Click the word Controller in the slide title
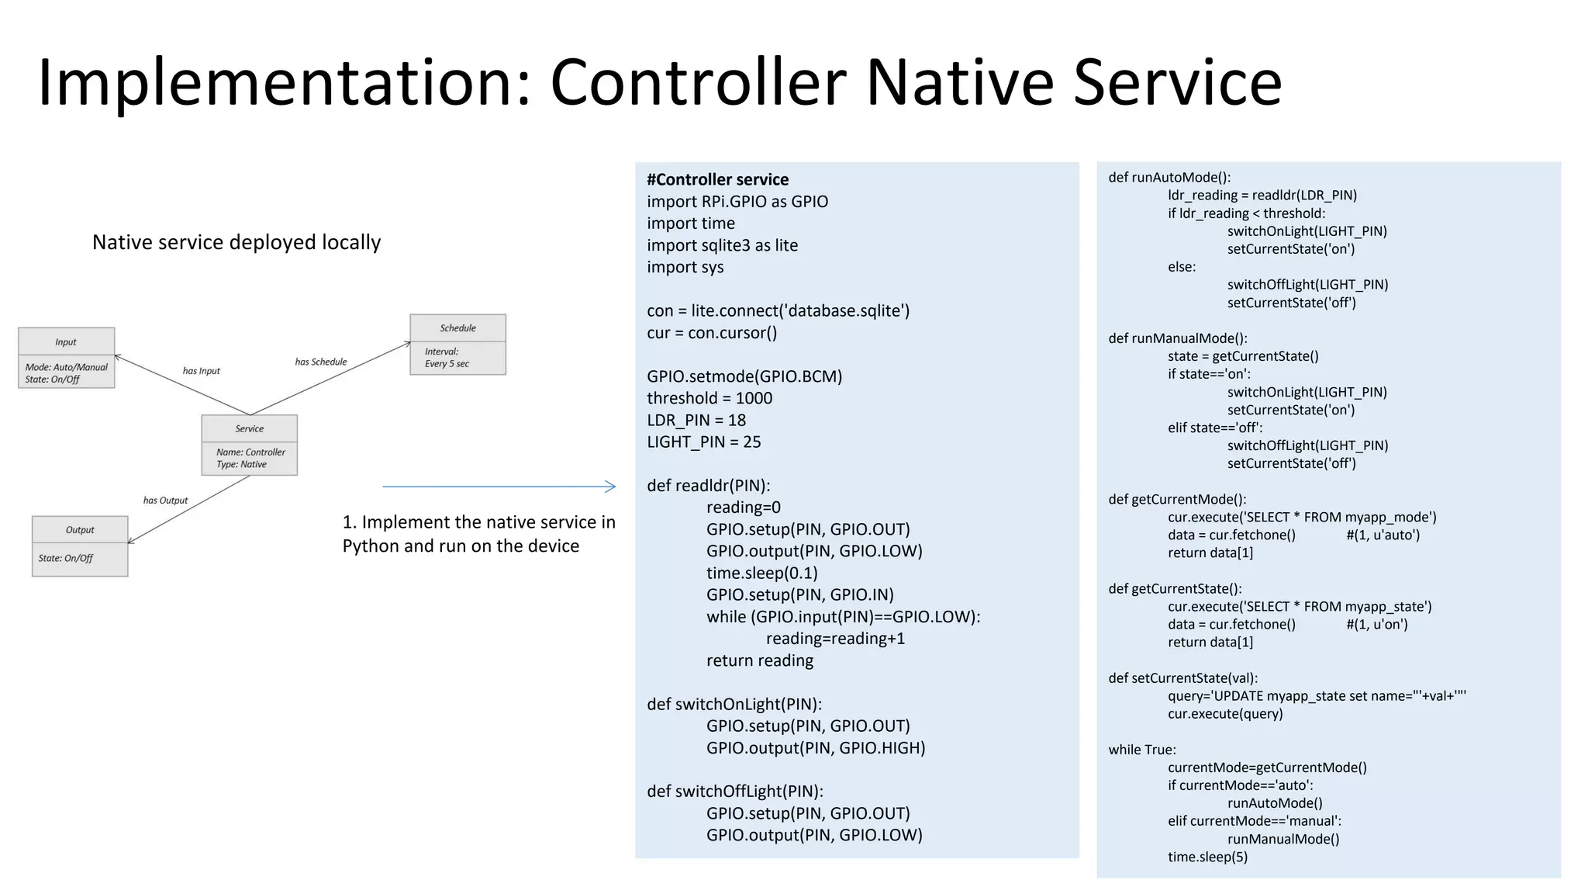[x=698, y=82]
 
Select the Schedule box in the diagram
[x=457, y=345]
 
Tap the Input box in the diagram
[x=66, y=358]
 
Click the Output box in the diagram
[x=80, y=546]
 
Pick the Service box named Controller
[x=249, y=445]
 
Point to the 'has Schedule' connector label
[x=320, y=362]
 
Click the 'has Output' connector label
[x=165, y=501]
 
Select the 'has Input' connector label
[x=201, y=371]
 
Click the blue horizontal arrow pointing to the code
[x=499, y=487]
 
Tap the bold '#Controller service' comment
[x=717, y=179]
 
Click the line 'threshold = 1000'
[x=709, y=398]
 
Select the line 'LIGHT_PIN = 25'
[x=703, y=442]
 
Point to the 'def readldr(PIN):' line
[x=708, y=486]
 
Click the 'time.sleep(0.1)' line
[x=761, y=573]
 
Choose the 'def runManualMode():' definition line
[x=1177, y=338]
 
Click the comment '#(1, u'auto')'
[x=1383, y=535]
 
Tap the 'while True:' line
[x=1141, y=750]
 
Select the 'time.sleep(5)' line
[x=1207, y=857]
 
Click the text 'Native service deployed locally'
[x=236, y=242]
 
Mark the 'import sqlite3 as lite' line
[x=722, y=245]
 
